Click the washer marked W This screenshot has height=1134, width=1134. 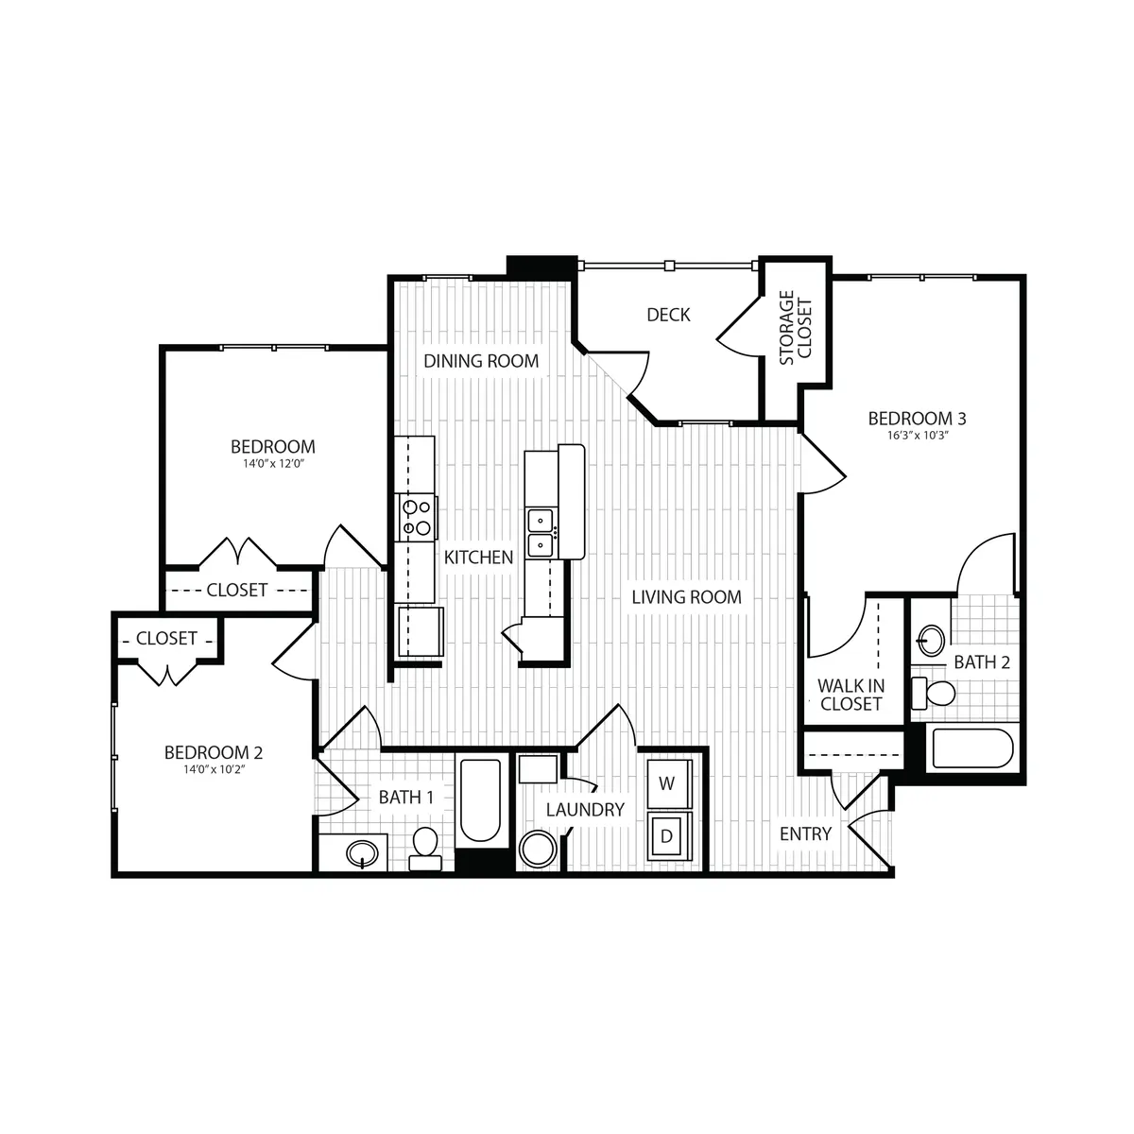pos(667,783)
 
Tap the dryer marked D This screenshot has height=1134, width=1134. pos(667,835)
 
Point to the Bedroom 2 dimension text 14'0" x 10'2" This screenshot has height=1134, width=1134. pos(213,769)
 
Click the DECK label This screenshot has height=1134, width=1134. pos(668,315)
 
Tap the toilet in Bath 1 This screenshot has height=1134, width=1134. pos(425,848)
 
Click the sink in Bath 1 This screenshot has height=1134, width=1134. pos(363,855)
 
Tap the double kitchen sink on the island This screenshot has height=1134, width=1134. pos(541,531)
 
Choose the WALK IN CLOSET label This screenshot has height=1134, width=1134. pos(850,695)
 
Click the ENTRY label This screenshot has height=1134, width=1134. pos(805,833)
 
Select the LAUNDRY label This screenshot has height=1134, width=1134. pos(585,809)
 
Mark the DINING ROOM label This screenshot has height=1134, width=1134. pos(480,361)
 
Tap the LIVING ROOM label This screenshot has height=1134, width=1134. pos(686,597)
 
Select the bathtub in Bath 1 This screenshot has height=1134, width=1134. pos(479,801)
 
